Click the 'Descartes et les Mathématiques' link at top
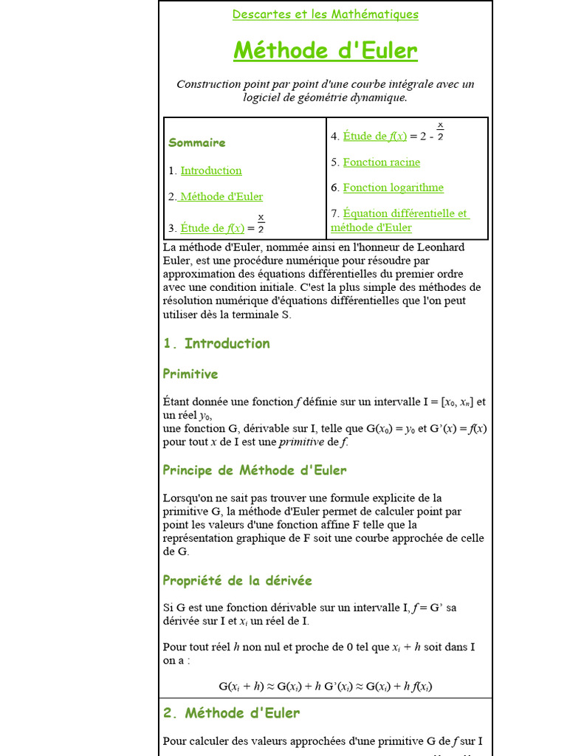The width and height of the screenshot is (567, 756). tap(325, 14)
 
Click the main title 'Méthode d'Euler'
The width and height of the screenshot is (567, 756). tap(325, 51)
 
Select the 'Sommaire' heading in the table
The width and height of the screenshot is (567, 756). tap(197, 142)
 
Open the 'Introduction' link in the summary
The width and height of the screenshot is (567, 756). tap(211, 171)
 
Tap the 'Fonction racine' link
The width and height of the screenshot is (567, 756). tap(381, 162)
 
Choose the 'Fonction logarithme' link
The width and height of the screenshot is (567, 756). tap(393, 188)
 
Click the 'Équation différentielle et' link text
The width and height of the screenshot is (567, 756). tap(405, 213)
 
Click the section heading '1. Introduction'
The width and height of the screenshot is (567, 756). tap(216, 343)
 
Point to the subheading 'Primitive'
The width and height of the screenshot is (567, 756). tap(190, 374)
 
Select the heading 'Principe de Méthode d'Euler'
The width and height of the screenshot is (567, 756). tap(255, 470)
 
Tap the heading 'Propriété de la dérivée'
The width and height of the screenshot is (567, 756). tap(238, 581)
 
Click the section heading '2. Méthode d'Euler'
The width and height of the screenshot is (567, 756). tap(231, 713)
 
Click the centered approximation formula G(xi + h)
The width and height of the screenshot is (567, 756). tap(325, 686)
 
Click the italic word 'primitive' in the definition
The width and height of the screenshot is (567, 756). tap(301, 442)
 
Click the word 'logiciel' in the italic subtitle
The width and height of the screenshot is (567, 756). tap(263, 97)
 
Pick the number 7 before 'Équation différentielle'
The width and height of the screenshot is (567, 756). tap(334, 213)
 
